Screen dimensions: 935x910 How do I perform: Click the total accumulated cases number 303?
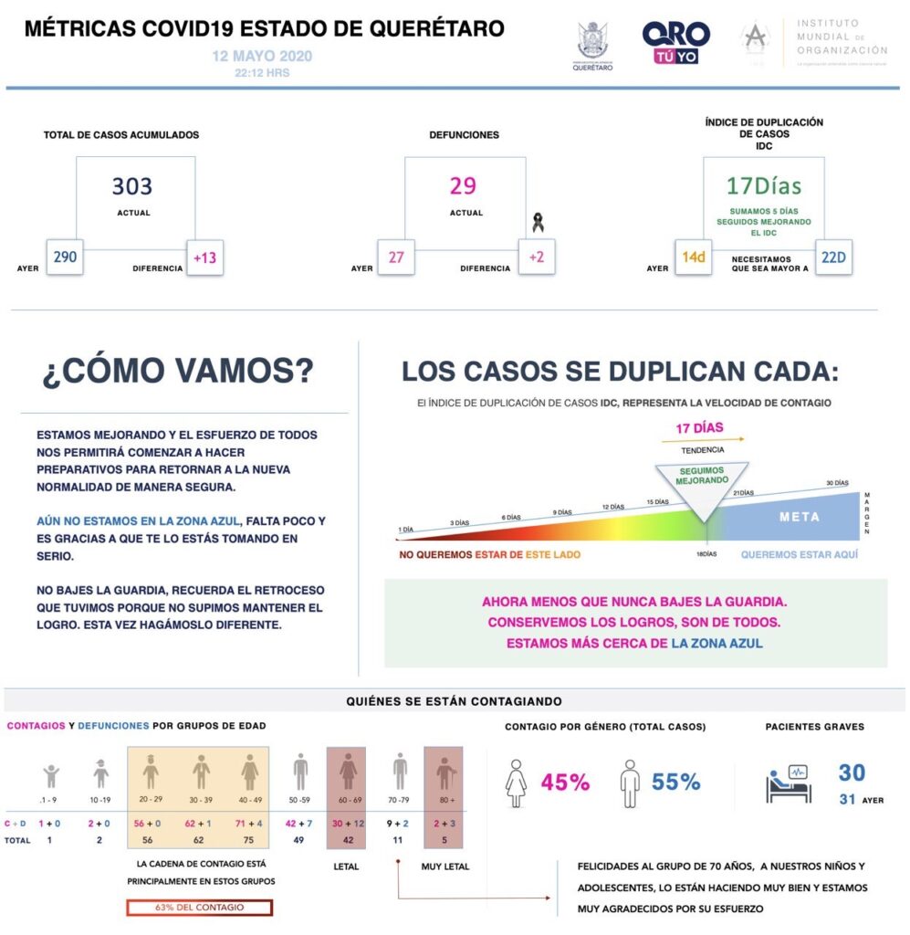tap(132, 187)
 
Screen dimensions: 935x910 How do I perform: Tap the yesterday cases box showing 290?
tap(65, 257)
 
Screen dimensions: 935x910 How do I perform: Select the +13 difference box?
tap(204, 257)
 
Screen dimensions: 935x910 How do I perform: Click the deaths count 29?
tap(463, 186)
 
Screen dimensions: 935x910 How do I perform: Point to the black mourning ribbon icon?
tap(538, 222)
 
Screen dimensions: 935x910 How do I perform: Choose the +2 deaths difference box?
tap(536, 257)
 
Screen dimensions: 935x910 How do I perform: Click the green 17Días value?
tap(763, 186)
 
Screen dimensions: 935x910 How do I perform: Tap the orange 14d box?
tap(695, 257)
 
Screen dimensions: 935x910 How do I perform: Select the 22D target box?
tap(833, 257)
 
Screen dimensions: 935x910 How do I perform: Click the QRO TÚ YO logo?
tap(675, 43)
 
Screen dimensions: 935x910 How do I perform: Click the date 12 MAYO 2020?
tap(262, 57)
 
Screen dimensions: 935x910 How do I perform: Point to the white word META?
tap(799, 517)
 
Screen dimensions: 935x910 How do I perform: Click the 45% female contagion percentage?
tap(565, 783)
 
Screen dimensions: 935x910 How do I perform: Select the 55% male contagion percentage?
tap(675, 783)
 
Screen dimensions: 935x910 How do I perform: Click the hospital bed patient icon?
tap(789, 783)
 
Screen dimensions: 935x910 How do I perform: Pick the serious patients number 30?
tap(852, 773)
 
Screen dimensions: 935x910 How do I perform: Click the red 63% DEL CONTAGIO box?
tap(199, 908)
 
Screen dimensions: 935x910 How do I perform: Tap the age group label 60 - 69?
tap(347, 798)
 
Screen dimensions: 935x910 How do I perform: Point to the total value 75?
tap(248, 839)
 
